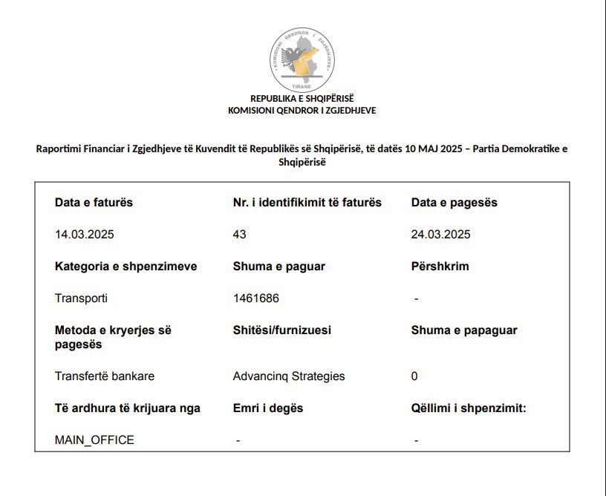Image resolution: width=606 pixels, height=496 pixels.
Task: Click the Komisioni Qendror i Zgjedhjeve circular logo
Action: pyautogui.click(x=302, y=59)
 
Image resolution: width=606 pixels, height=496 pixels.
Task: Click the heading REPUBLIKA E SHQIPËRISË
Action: pyautogui.click(x=302, y=99)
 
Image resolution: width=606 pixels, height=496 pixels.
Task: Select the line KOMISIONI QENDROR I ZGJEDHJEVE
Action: pyautogui.click(x=302, y=111)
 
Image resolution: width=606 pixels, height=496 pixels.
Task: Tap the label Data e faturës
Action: pyautogui.click(x=94, y=203)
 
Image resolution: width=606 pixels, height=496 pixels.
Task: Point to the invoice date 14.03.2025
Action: pyautogui.click(x=85, y=235)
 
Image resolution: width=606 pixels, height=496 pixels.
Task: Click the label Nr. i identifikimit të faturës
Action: pyautogui.click(x=307, y=203)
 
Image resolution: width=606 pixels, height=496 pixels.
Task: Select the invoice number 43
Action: pyautogui.click(x=239, y=235)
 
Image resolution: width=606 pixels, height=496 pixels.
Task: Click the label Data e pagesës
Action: pyautogui.click(x=454, y=203)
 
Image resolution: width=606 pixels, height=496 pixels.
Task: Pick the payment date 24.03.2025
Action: pyautogui.click(x=441, y=235)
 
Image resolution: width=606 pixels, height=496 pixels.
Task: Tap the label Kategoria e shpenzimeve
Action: pyautogui.click(x=126, y=267)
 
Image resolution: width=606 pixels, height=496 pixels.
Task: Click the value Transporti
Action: pyautogui.click(x=81, y=298)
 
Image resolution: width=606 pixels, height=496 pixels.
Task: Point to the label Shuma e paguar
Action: pyautogui.click(x=278, y=267)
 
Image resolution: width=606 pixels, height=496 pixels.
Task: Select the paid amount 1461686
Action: pyautogui.click(x=256, y=298)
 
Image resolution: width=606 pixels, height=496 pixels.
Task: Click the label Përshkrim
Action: pyautogui.click(x=440, y=267)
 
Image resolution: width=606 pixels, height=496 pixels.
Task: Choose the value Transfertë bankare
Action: pyautogui.click(x=105, y=376)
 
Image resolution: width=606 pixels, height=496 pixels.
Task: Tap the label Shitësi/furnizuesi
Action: pyautogui.click(x=282, y=330)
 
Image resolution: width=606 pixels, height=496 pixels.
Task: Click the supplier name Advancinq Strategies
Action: pyautogui.click(x=289, y=376)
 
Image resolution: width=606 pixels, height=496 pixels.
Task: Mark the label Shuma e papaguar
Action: pyautogui.click(x=464, y=330)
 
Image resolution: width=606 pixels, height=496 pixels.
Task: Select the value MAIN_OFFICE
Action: pyautogui.click(x=94, y=440)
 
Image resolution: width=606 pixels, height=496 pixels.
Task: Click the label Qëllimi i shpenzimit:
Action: pyautogui.click(x=469, y=408)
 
